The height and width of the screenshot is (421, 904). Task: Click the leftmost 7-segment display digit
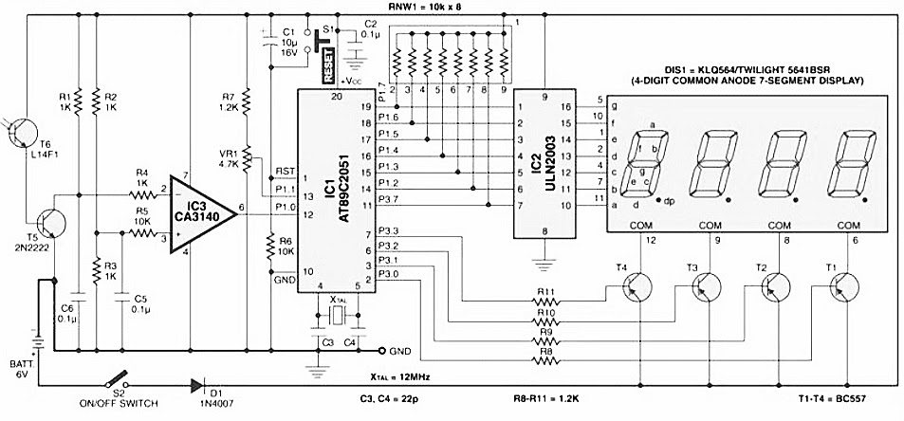tap(645, 162)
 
